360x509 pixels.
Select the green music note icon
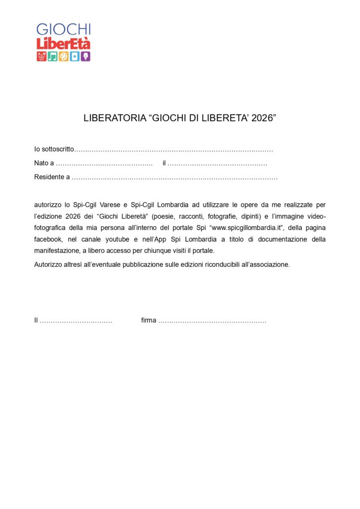[x=52, y=56]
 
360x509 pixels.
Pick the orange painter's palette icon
[x=64, y=56]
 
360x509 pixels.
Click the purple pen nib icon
[x=86, y=56]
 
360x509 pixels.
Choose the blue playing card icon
[x=75, y=56]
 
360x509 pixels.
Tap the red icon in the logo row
[x=41, y=56]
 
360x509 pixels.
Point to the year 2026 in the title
[x=262, y=119]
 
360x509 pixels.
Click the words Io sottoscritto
[x=54, y=149]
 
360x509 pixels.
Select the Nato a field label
[x=44, y=163]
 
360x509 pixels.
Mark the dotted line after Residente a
[x=175, y=177]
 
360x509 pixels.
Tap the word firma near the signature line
[x=149, y=321]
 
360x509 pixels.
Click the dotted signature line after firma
[x=212, y=321]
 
